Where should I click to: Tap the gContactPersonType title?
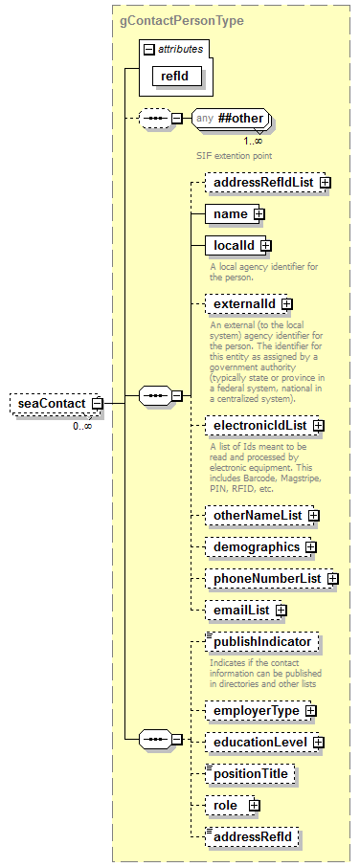(x=182, y=19)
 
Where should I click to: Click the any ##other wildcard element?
(x=230, y=118)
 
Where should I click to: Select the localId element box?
(x=233, y=246)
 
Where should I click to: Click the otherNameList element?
(x=256, y=516)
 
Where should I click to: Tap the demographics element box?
(x=254, y=547)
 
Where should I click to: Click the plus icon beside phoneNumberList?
(x=332, y=578)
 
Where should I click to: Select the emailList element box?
(x=240, y=609)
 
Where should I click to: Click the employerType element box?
(x=255, y=711)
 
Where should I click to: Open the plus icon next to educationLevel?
(x=319, y=742)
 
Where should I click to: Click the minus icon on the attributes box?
(x=147, y=48)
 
